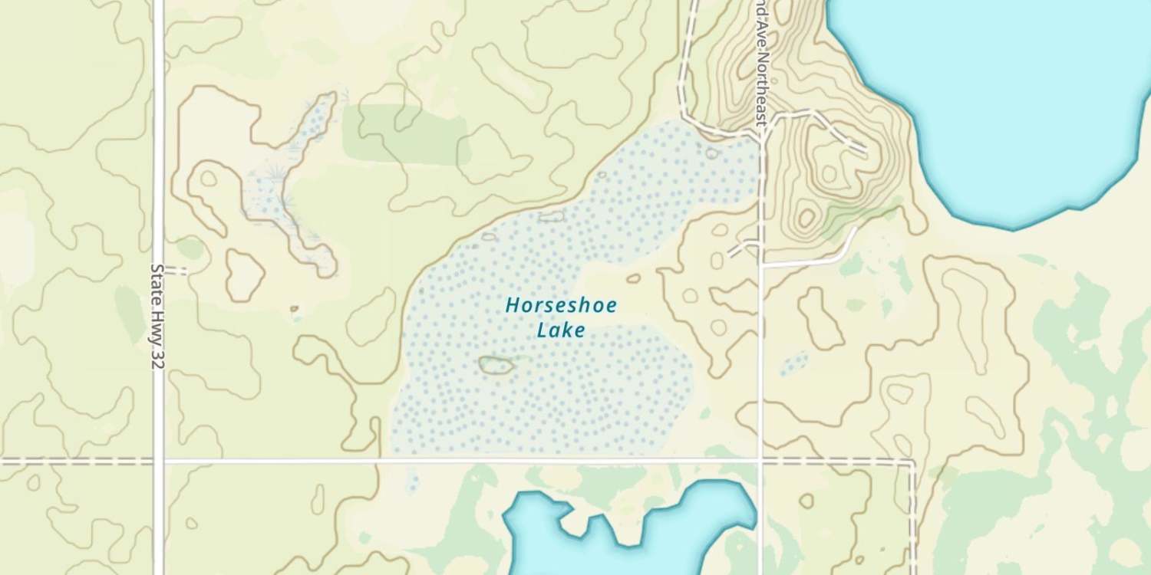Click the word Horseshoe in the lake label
[x=561, y=306]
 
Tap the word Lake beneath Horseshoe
[x=561, y=330]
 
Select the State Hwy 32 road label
[x=157, y=317]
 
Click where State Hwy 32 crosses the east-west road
[x=159, y=461]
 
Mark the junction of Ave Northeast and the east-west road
[x=760, y=461]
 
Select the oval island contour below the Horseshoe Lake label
[x=496, y=366]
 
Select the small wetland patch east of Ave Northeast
[x=794, y=363]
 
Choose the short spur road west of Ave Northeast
[x=741, y=248]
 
